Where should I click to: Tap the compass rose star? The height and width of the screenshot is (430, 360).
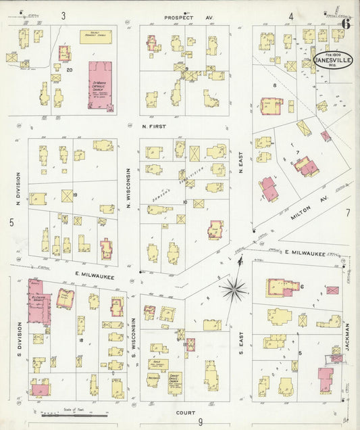[x=234, y=290]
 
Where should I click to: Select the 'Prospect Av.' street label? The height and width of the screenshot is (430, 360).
[x=180, y=17]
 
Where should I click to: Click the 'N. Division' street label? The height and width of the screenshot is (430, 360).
[x=18, y=189]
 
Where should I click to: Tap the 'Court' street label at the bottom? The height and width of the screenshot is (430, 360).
[x=185, y=412]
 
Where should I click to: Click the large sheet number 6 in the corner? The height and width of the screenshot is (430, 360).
[x=346, y=22]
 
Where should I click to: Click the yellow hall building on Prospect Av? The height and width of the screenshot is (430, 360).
[x=95, y=37]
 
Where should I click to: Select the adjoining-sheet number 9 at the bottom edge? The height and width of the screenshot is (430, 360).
[x=201, y=423]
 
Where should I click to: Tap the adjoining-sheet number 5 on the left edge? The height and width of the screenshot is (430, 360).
[x=11, y=222]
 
